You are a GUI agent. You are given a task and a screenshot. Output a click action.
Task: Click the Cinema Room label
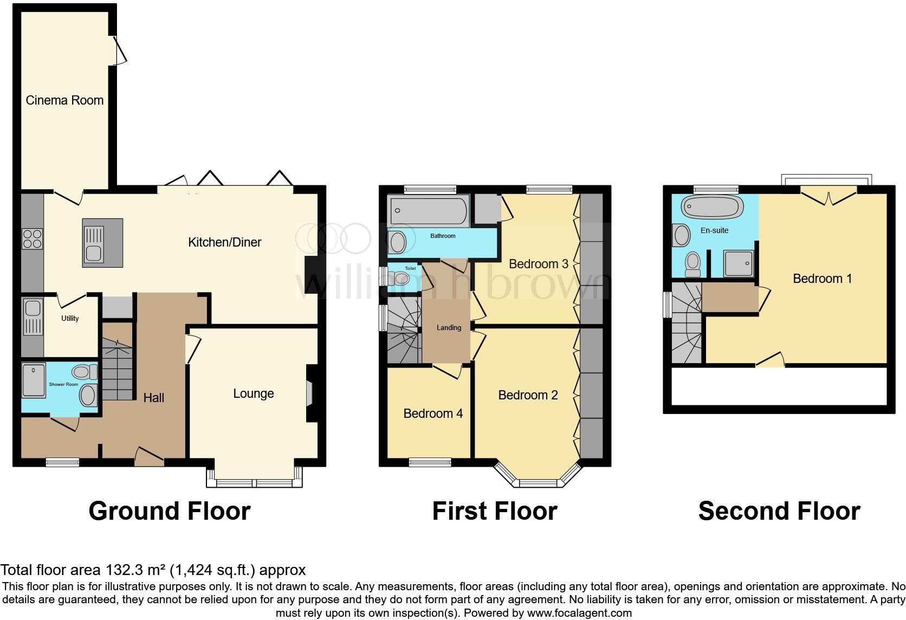point(64,100)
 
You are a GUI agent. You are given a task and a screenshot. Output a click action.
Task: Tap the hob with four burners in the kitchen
point(32,238)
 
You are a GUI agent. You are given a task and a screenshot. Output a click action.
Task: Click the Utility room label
point(70,319)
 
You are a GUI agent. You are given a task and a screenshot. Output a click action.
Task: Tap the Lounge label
point(253,394)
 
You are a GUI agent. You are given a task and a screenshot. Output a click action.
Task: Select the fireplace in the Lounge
point(310,393)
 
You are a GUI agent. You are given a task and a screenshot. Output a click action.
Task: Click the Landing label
point(449,328)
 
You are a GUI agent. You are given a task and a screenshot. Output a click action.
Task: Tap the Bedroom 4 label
point(433,414)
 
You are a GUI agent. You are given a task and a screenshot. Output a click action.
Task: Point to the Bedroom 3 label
point(538,264)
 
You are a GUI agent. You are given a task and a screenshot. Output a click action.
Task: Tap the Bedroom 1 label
point(822,279)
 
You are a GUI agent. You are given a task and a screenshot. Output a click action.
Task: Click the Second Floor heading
point(779,511)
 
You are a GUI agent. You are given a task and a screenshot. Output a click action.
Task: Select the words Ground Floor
point(169,511)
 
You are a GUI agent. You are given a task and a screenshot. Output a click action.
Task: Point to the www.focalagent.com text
point(579,613)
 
